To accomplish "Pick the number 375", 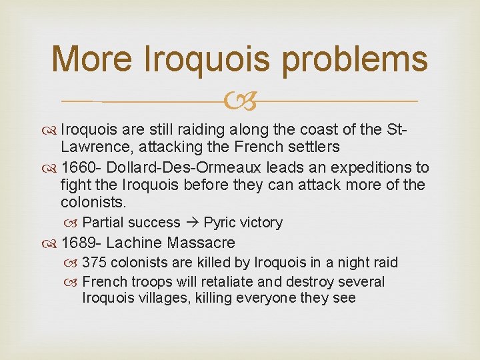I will pyautogui.click(x=95, y=263).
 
